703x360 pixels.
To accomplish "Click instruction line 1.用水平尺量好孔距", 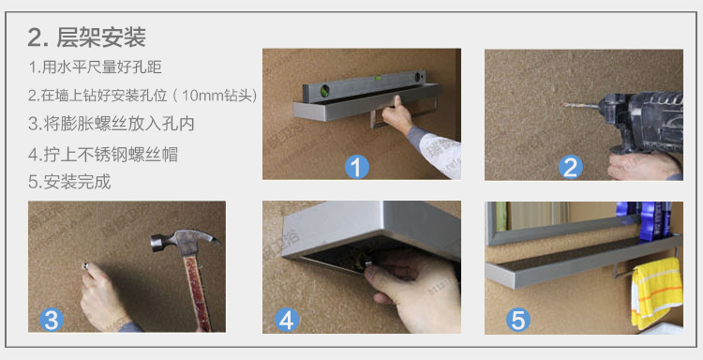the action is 95,67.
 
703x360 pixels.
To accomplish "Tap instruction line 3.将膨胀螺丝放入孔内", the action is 112,124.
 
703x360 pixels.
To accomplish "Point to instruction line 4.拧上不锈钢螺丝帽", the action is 103,155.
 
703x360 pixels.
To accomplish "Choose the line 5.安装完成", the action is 69,182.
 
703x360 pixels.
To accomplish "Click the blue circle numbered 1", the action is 356,167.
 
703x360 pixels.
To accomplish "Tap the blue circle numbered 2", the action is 570,168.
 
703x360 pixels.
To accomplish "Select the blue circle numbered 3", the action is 52,321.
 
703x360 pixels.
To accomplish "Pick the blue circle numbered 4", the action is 287,321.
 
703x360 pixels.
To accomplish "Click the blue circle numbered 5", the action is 517,321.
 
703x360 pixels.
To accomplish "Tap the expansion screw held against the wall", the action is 85,267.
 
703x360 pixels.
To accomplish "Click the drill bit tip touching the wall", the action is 563,105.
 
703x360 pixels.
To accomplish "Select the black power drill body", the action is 642,121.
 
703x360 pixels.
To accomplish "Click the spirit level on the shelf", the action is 363,84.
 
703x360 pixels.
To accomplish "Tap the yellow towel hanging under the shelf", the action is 656,292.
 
